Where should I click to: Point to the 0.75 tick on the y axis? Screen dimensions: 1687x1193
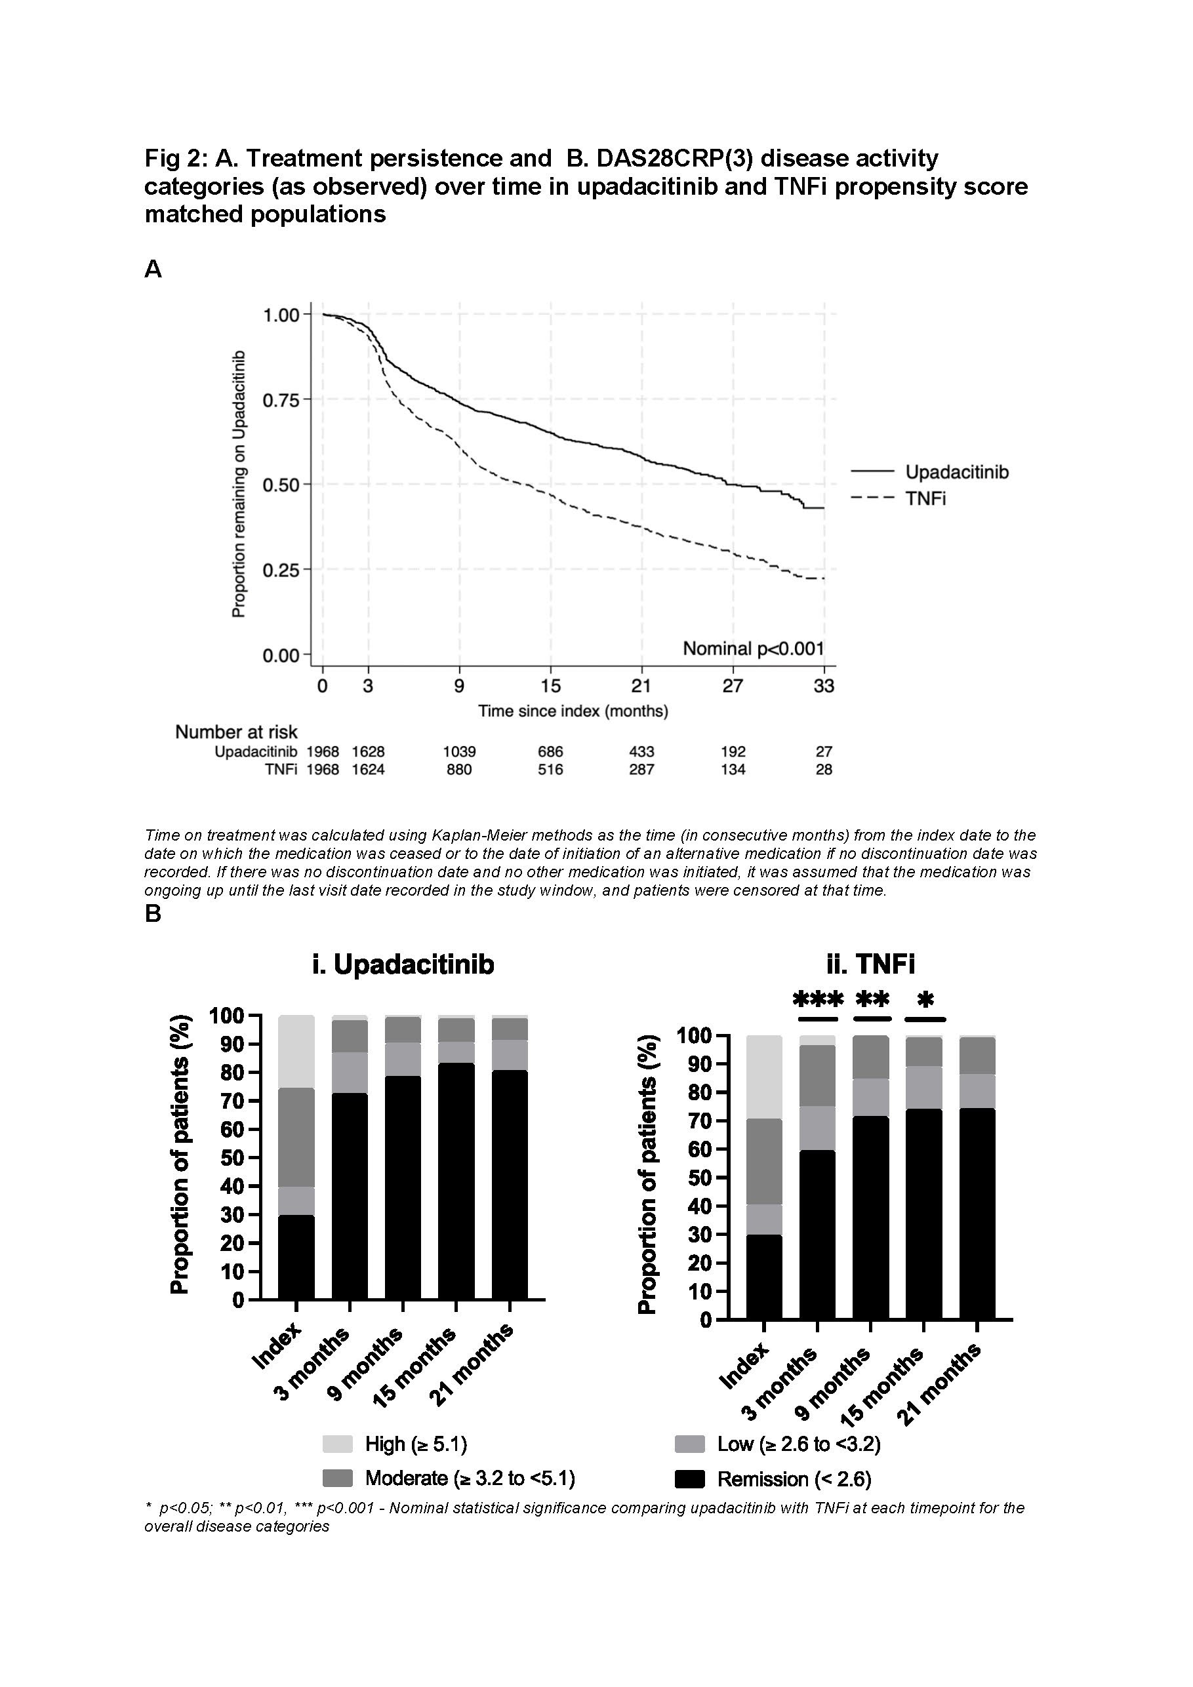point(281,400)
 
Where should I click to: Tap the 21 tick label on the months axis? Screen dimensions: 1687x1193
point(641,686)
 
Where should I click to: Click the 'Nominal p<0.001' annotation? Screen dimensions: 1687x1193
point(753,649)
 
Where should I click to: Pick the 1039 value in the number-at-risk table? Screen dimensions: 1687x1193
point(458,751)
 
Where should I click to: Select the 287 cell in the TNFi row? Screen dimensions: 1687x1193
point(641,769)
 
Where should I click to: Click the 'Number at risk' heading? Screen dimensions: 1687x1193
point(236,732)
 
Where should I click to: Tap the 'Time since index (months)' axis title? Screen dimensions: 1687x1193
point(573,711)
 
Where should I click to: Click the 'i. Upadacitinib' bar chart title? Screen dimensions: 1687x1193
point(403,964)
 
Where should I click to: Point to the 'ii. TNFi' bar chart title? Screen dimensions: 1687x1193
point(870,964)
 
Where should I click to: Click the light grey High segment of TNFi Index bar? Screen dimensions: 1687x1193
point(765,1077)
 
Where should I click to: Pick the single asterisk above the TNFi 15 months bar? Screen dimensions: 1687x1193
point(925,999)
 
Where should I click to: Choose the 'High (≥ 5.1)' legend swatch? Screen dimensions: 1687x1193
point(337,1444)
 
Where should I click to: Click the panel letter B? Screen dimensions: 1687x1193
point(153,913)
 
